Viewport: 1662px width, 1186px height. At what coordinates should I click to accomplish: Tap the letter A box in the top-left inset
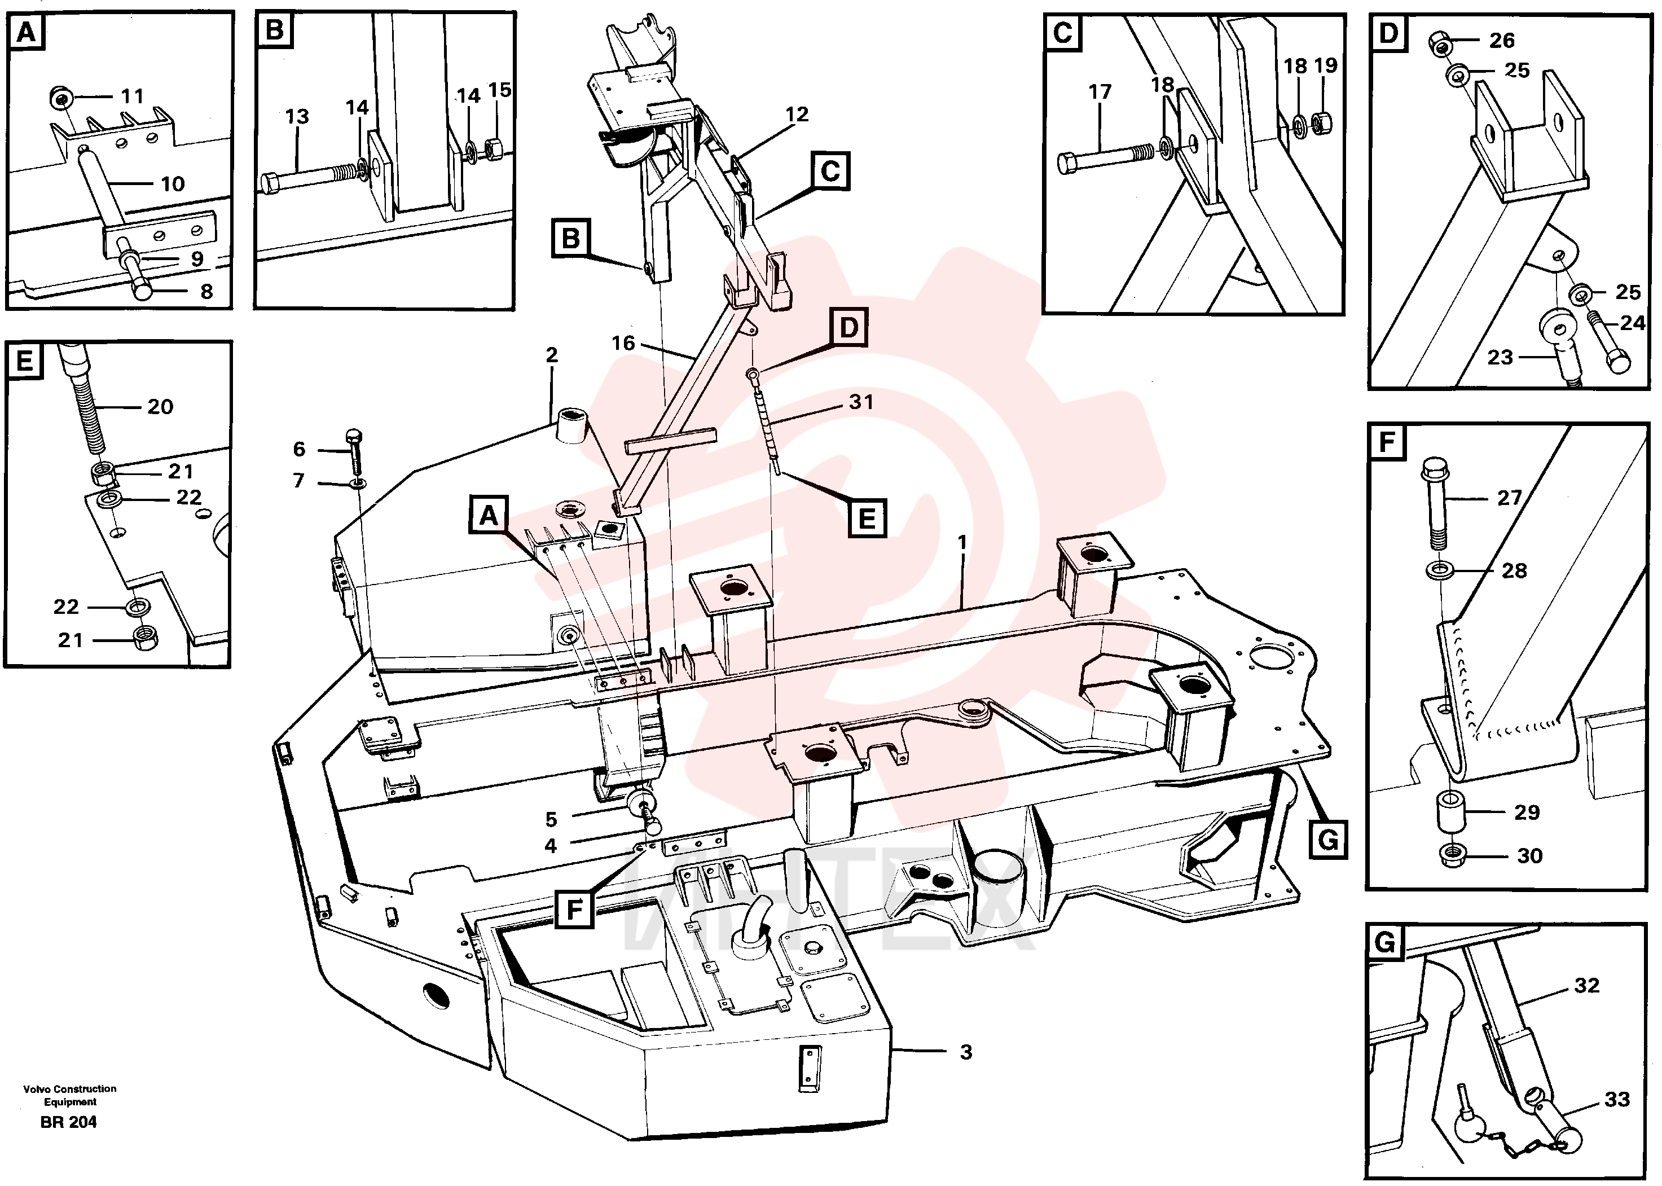tap(27, 33)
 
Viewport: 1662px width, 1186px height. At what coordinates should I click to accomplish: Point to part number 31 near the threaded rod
tap(861, 402)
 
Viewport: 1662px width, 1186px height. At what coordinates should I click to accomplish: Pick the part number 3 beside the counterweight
tap(966, 1052)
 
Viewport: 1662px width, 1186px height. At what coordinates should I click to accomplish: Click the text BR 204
tap(69, 1122)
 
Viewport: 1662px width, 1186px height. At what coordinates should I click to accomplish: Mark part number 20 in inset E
tap(161, 407)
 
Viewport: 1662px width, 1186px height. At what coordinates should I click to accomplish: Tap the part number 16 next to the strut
tap(623, 343)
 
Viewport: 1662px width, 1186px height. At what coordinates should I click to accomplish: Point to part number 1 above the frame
tap(962, 543)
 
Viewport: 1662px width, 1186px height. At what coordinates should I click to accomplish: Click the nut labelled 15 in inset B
tap(494, 149)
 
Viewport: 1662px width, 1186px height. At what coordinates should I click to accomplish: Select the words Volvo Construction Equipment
tap(70, 1096)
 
